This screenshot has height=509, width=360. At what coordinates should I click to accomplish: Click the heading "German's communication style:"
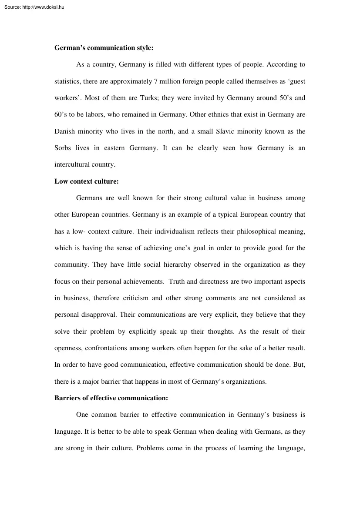tap(104, 48)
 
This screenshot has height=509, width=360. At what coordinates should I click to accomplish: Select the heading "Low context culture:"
tap(86, 181)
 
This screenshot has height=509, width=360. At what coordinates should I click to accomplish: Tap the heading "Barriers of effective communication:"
tap(111, 398)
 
